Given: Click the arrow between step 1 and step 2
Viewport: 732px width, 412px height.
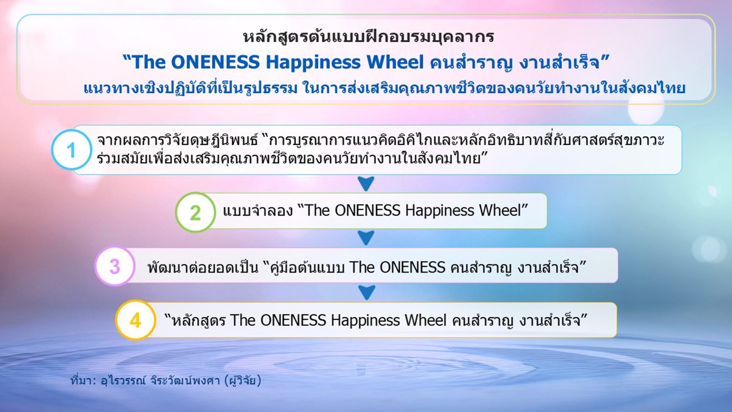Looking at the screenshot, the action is point(366,184).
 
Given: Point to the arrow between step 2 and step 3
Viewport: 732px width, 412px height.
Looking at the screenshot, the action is point(366,238).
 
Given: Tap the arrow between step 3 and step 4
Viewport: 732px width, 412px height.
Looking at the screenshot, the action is point(367,293).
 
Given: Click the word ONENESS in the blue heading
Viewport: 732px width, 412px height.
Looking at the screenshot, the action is point(215,62).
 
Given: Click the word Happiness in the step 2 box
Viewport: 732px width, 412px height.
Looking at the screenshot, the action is point(439,211).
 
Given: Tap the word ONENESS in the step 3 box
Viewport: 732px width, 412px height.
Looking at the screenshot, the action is point(412,267).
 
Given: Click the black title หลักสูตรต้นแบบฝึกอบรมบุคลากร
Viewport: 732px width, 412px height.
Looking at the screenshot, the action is point(369,37).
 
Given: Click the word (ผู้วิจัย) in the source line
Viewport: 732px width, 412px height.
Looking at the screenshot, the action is point(243,381).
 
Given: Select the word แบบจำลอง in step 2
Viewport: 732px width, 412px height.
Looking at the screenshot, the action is point(258,211).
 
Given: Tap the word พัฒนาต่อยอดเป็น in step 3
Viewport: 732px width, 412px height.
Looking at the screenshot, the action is point(203,267).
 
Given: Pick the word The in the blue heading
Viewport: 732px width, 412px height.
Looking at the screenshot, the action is point(149,62).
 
